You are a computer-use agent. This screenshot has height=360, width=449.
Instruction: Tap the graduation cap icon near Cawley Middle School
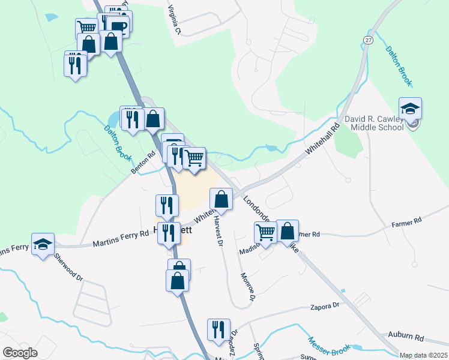click(x=410, y=109)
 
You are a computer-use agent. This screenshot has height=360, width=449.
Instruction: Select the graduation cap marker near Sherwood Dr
click(x=43, y=244)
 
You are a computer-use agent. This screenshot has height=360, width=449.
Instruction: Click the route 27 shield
click(x=367, y=39)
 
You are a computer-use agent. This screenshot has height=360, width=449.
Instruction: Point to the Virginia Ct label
click(x=174, y=19)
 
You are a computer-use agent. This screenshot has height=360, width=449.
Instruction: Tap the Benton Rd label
click(x=143, y=163)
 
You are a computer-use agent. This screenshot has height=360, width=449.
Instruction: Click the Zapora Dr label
click(x=326, y=307)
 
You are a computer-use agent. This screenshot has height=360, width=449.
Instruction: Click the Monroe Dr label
click(x=248, y=287)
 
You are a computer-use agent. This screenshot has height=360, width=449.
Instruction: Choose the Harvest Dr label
click(x=218, y=232)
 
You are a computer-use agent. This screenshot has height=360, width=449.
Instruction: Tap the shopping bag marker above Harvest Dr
click(x=221, y=199)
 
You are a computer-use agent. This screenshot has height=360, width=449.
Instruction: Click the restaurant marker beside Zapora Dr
click(x=218, y=329)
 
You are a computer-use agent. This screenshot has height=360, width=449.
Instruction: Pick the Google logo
click(x=20, y=353)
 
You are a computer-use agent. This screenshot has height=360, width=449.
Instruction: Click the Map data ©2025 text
click(x=424, y=355)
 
